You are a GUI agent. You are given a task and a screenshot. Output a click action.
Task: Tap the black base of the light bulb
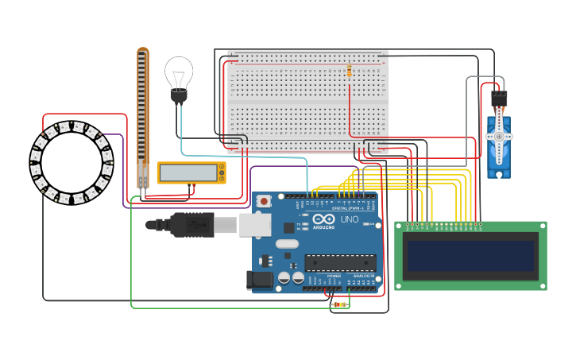[179, 97]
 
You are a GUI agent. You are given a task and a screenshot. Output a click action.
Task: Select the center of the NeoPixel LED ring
[72, 162]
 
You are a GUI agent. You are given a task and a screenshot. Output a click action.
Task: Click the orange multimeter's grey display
[187, 172]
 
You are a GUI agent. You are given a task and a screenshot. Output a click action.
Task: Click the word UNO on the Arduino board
[350, 219]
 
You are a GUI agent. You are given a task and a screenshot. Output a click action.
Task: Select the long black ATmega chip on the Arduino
[340, 262]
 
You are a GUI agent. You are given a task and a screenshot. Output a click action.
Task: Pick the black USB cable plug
[191, 225]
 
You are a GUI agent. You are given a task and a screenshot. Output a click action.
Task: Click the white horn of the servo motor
[499, 136]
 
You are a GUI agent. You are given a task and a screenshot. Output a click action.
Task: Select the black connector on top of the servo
[499, 99]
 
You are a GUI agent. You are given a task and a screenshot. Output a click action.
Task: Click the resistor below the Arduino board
[339, 304]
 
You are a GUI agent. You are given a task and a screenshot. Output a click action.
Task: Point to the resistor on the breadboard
[349, 72]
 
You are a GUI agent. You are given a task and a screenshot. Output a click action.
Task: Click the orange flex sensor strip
[142, 111]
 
